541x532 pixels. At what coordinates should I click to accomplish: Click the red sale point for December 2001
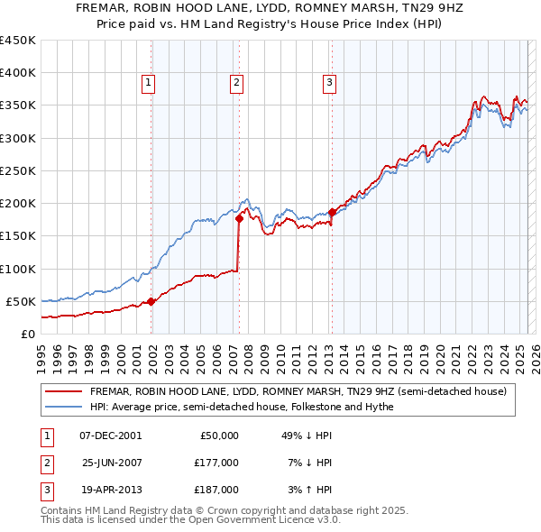[151, 302]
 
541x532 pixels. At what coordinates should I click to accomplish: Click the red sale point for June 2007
[239, 218]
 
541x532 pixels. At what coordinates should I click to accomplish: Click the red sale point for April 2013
[332, 212]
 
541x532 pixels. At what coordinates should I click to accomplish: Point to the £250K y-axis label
[18, 170]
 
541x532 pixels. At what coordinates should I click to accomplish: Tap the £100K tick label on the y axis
[18, 269]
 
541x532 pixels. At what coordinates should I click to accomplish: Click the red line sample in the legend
[62, 391]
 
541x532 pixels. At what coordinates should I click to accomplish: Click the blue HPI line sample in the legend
[62, 407]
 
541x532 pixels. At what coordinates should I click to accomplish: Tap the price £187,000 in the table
[216, 490]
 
